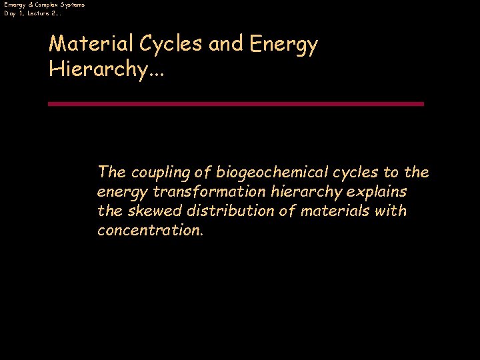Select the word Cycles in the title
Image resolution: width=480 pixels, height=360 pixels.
pyautogui.click(x=170, y=45)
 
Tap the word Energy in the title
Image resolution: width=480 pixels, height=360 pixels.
pyautogui.click(x=284, y=45)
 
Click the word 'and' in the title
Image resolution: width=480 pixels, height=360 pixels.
pyautogui.click(x=227, y=45)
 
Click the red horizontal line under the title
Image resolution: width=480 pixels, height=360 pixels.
pyautogui.click(x=236, y=104)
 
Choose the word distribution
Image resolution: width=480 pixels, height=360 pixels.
pyautogui.click(x=217, y=211)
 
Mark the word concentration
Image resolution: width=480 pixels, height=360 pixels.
pyautogui.click(x=149, y=231)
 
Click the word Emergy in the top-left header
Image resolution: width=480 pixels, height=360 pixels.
pyautogui.click(x=15, y=5)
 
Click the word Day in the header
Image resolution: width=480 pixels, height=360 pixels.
pyautogui.click(x=9, y=13)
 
